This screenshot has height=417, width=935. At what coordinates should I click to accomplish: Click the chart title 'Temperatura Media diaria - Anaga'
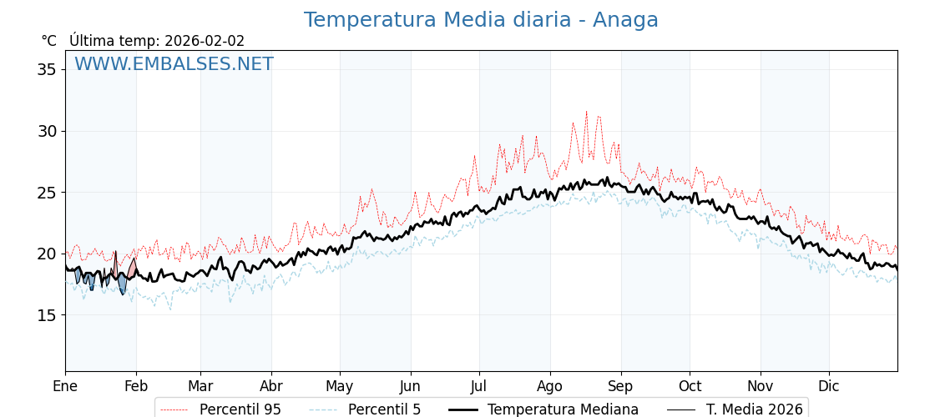point(481,20)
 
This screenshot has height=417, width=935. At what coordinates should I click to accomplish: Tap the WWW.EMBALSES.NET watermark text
point(174,64)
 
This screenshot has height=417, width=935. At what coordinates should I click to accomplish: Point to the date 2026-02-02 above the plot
point(205,41)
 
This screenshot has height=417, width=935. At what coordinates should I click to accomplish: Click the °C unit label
point(48,41)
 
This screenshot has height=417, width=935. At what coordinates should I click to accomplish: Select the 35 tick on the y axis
point(47,69)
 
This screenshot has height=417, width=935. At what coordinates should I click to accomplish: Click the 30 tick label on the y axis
point(47,131)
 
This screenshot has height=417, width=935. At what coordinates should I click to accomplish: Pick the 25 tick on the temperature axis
point(47,193)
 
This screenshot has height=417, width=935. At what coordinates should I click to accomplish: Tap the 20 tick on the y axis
point(47,254)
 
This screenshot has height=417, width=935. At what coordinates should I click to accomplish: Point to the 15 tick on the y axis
point(47,315)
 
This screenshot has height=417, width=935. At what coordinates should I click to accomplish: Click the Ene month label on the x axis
point(65,386)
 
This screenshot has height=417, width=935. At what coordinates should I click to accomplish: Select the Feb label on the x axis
point(136,386)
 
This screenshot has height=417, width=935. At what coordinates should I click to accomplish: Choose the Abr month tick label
point(271,386)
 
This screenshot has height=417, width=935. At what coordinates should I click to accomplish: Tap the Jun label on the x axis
point(410,386)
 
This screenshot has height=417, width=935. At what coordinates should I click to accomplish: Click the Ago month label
point(550,386)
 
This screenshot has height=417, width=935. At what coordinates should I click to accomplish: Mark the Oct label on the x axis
point(690,386)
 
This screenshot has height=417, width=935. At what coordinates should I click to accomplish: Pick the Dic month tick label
point(829,386)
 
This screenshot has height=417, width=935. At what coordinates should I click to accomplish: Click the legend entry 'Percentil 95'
point(240,409)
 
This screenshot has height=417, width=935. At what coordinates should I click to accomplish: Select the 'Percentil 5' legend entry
point(384,409)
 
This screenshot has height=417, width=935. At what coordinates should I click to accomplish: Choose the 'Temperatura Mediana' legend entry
point(563,409)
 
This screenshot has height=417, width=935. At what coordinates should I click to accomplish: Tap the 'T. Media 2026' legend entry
point(754,409)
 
